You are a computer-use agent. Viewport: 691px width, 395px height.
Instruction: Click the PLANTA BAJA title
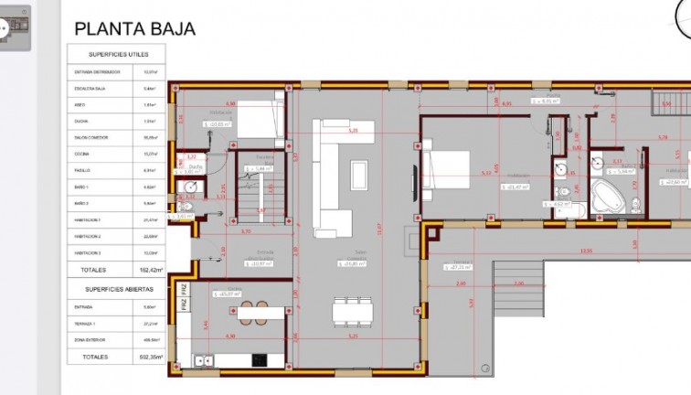134,29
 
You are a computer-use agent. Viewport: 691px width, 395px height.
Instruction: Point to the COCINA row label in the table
81,154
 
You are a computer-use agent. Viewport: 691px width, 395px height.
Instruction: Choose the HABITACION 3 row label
88,253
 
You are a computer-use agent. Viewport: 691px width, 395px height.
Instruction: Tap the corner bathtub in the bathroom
605,195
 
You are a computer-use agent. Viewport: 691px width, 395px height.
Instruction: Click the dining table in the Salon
352,311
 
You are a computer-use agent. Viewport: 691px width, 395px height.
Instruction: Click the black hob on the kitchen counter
259,359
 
